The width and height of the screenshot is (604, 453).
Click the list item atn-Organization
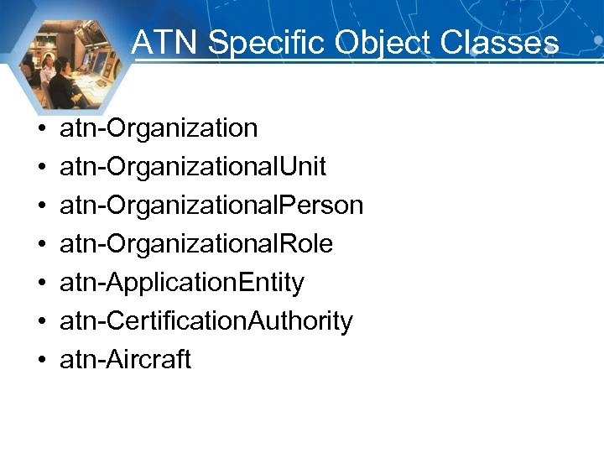coord(159,128)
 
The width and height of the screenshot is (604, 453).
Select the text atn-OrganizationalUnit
coord(193,167)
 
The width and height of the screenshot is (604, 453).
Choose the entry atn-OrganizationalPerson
coord(211,206)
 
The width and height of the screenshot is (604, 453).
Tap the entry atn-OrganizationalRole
coord(196,244)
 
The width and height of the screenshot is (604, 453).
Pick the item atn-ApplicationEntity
coord(182,283)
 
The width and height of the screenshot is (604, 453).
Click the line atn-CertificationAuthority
coord(206,321)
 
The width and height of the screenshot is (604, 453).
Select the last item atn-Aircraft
coord(126,360)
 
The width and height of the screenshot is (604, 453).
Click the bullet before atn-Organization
coord(40,130)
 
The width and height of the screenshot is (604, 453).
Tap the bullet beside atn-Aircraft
coord(40,362)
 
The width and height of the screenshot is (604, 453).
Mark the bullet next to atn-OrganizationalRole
coord(40,246)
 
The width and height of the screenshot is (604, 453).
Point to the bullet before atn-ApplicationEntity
coord(40,284)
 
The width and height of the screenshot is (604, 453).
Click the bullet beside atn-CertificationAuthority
coord(40,323)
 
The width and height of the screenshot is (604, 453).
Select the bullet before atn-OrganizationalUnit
coord(40,169)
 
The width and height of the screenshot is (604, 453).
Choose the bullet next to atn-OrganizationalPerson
coord(40,207)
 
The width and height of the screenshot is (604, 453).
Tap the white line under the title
coord(352,60)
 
